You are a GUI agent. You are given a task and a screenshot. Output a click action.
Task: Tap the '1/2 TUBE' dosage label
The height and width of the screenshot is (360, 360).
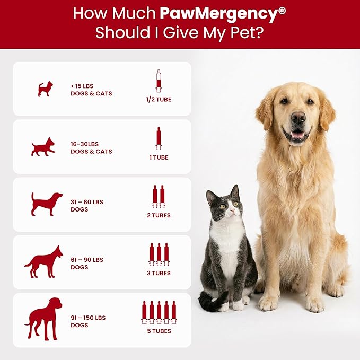point(159,99)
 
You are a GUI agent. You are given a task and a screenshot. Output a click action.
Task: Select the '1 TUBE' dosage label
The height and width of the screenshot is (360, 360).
point(159,157)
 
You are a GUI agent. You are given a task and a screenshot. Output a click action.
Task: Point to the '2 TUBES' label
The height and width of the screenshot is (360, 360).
point(159,215)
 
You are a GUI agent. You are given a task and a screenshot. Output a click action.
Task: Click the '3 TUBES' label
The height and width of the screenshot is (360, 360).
point(159,273)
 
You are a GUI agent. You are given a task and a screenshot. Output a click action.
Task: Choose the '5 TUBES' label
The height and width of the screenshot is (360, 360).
point(159,331)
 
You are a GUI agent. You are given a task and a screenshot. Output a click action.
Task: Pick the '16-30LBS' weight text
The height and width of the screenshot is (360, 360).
point(85,144)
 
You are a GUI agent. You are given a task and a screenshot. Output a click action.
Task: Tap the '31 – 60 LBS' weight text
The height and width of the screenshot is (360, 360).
point(87,201)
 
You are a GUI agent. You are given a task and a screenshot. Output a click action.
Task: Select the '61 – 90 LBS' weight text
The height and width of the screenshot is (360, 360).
point(87,260)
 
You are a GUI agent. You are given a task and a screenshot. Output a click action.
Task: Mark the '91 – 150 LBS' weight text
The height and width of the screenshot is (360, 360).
point(88,318)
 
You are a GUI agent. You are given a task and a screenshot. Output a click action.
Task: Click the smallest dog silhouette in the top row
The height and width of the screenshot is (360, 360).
point(46,89)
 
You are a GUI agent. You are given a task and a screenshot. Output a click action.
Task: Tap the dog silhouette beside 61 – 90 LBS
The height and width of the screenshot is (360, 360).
point(43,261)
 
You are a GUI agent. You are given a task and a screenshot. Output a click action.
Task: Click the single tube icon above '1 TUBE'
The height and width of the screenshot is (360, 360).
point(158,138)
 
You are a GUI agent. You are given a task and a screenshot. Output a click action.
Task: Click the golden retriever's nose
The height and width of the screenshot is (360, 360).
point(298,118)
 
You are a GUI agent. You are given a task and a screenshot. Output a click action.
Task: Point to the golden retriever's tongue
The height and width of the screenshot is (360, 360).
point(298,136)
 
